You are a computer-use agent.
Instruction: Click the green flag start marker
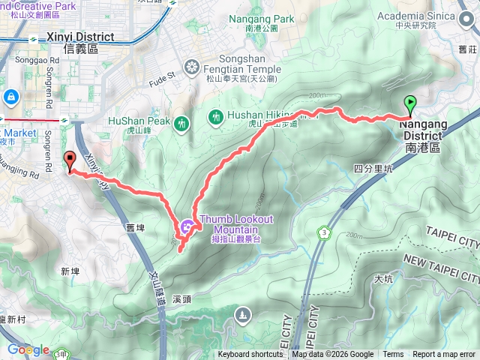(x=410, y=104)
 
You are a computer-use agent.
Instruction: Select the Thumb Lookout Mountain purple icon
(x=187, y=224)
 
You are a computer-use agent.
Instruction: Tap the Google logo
(x=28, y=350)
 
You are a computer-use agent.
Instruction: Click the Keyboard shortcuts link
(x=250, y=355)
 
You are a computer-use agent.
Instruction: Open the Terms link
(x=393, y=355)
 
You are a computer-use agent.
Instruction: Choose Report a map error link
(x=445, y=355)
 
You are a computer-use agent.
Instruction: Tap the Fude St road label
(x=161, y=76)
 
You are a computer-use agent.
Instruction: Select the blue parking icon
(x=10, y=97)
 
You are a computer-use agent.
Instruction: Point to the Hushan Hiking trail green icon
(x=216, y=116)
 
